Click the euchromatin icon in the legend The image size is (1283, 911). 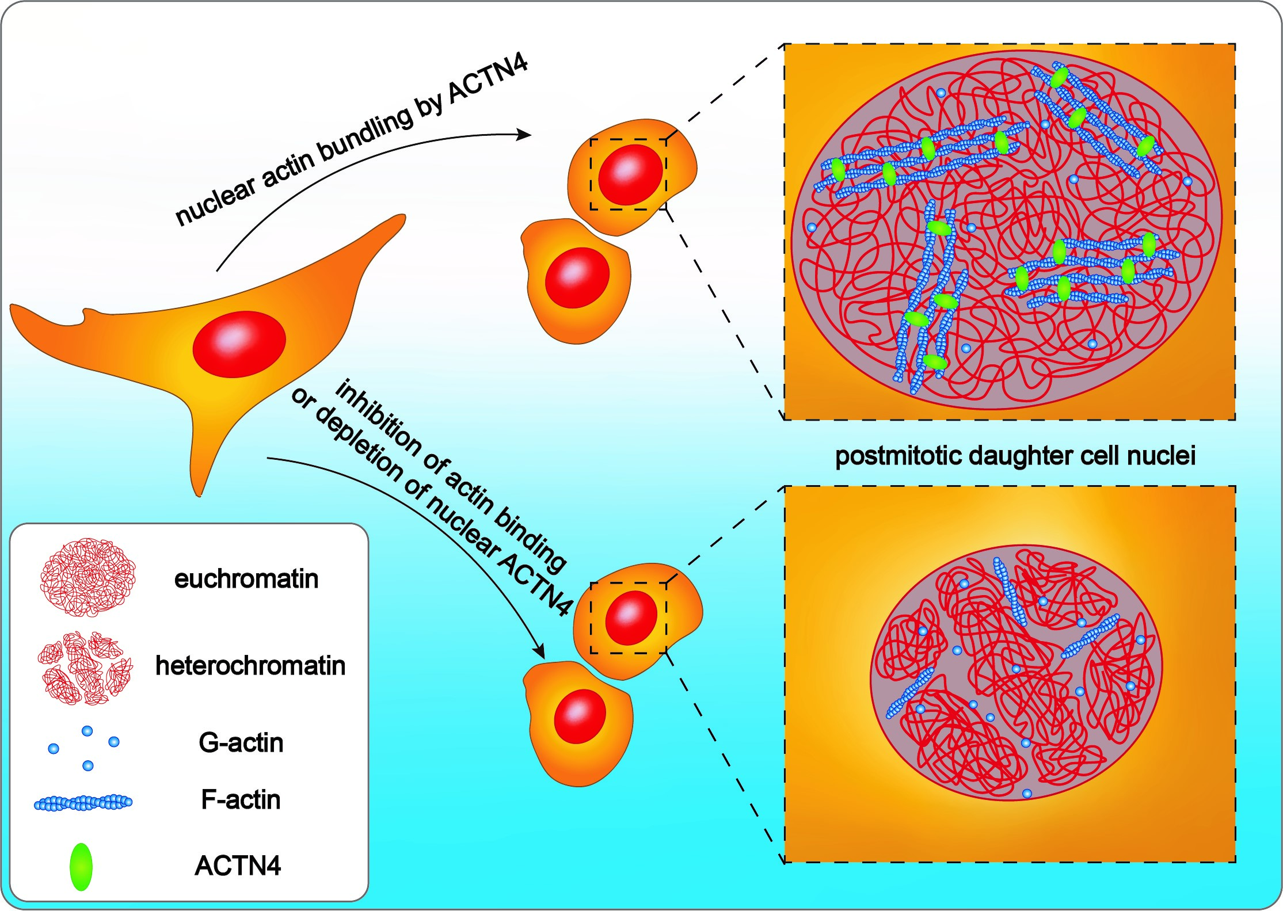(x=87, y=577)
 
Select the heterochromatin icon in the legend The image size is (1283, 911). (x=85, y=668)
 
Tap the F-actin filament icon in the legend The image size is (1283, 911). (x=83, y=802)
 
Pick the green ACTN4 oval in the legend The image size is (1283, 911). (x=81, y=867)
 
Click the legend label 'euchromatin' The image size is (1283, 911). (x=246, y=578)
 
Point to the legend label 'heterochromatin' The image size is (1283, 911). (x=250, y=666)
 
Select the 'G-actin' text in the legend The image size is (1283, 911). (x=241, y=742)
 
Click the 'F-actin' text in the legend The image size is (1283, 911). (x=241, y=800)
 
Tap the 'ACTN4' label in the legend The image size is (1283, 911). (x=238, y=866)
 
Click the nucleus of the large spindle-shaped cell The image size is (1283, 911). (x=239, y=344)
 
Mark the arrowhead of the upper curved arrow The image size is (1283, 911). (x=524, y=135)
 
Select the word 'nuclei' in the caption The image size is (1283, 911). (x=1162, y=456)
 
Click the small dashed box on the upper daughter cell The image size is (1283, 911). (x=629, y=174)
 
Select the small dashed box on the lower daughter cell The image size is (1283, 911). (x=629, y=618)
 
